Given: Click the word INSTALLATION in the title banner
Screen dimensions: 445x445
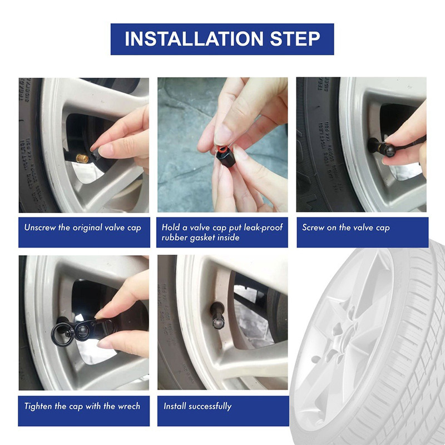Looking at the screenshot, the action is (x=194, y=39).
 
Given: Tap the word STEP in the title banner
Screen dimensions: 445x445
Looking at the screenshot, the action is (x=295, y=39).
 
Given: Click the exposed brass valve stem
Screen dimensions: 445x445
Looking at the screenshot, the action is (x=82, y=159).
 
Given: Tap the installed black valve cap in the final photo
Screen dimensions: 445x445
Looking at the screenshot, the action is (x=217, y=317).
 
